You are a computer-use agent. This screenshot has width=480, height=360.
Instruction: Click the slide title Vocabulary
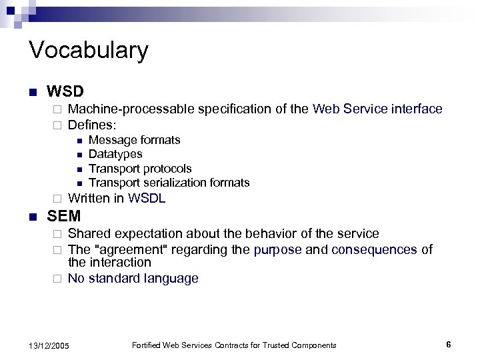click(89, 51)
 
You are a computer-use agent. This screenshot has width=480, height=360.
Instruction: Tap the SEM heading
click(64, 216)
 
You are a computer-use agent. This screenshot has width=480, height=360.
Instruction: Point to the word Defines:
click(93, 125)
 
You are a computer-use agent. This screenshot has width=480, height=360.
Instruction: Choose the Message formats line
click(134, 140)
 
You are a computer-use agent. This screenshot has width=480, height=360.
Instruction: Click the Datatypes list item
click(115, 155)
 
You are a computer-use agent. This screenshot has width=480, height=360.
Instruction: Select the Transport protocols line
click(140, 169)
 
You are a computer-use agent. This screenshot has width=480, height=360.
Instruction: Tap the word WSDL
click(147, 198)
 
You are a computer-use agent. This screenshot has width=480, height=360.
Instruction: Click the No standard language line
click(133, 279)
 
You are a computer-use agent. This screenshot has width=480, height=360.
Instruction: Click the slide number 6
click(449, 345)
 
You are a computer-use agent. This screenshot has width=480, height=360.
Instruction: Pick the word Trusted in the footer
click(269, 345)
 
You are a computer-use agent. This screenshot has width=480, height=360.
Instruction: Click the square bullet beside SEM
click(33, 217)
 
